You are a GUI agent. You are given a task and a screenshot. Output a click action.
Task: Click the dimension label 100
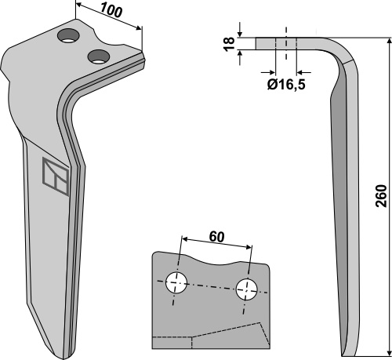(111, 11)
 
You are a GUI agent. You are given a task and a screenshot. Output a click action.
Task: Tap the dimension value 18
(229, 44)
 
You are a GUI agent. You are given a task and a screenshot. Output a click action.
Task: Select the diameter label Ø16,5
(286, 85)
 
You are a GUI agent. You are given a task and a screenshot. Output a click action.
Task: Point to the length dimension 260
(381, 196)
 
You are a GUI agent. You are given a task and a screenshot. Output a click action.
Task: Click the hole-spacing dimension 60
(216, 237)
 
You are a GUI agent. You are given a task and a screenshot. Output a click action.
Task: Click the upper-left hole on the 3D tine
(68, 36)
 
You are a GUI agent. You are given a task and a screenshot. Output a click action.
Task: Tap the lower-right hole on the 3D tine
(99, 56)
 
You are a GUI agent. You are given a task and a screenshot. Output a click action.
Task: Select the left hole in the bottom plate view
(176, 282)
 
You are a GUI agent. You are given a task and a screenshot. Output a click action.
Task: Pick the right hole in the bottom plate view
(246, 289)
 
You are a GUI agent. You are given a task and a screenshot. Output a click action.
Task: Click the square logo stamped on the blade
(56, 176)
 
